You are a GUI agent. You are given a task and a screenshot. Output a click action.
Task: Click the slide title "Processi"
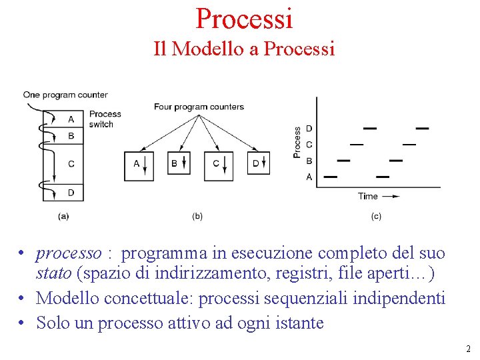[x=244, y=18]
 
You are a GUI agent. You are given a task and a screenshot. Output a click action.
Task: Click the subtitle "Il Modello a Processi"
[x=244, y=49]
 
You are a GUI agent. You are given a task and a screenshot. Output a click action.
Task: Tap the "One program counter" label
[x=65, y=95]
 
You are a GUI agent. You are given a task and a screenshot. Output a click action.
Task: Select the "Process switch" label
[x=105, y=119]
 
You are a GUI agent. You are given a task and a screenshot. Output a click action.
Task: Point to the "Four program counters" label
[x=199, y=107]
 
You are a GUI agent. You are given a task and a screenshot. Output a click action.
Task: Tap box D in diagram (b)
[x=259, y=163]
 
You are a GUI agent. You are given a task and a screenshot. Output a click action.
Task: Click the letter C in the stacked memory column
[x=71, y=163]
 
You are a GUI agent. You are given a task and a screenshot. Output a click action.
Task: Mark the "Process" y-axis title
[x=297, y=142]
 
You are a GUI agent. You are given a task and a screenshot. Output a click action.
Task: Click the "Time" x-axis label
[x=368, y=196]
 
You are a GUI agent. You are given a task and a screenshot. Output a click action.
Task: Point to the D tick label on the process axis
[x=309, y=128]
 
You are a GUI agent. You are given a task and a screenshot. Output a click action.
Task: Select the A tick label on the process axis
[x=309, y=177]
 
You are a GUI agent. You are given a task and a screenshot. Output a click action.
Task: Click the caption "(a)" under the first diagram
[x=64, y=216]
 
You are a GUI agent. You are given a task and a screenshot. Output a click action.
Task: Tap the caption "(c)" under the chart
[x=377, y=216]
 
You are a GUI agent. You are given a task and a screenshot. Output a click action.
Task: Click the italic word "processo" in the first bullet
[x=69, y=253]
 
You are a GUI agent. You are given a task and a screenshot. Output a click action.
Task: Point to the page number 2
[x=468, y=349]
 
